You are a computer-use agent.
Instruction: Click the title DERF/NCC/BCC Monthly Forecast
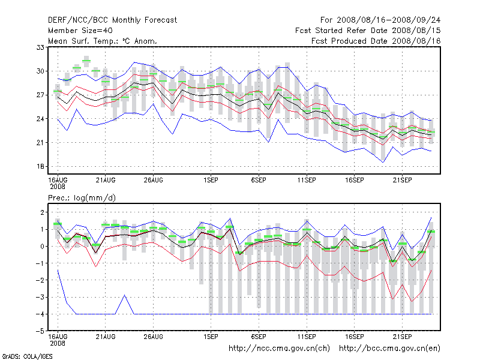coord(112,20)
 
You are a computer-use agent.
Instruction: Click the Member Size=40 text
coord(80,30)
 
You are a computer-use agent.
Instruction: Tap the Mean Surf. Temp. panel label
coord(103,41)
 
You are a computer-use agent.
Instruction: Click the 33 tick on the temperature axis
coord(42,47)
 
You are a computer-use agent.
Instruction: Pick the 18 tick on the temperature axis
coord(42,166)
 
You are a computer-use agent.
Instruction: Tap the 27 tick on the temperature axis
coord(42,95)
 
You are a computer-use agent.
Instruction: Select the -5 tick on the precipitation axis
coord(41,331)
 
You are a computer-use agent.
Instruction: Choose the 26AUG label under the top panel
coord(153,179)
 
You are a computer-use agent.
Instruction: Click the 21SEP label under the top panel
coord(402,179)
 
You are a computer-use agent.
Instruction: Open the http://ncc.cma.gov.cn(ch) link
coord(279,348)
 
